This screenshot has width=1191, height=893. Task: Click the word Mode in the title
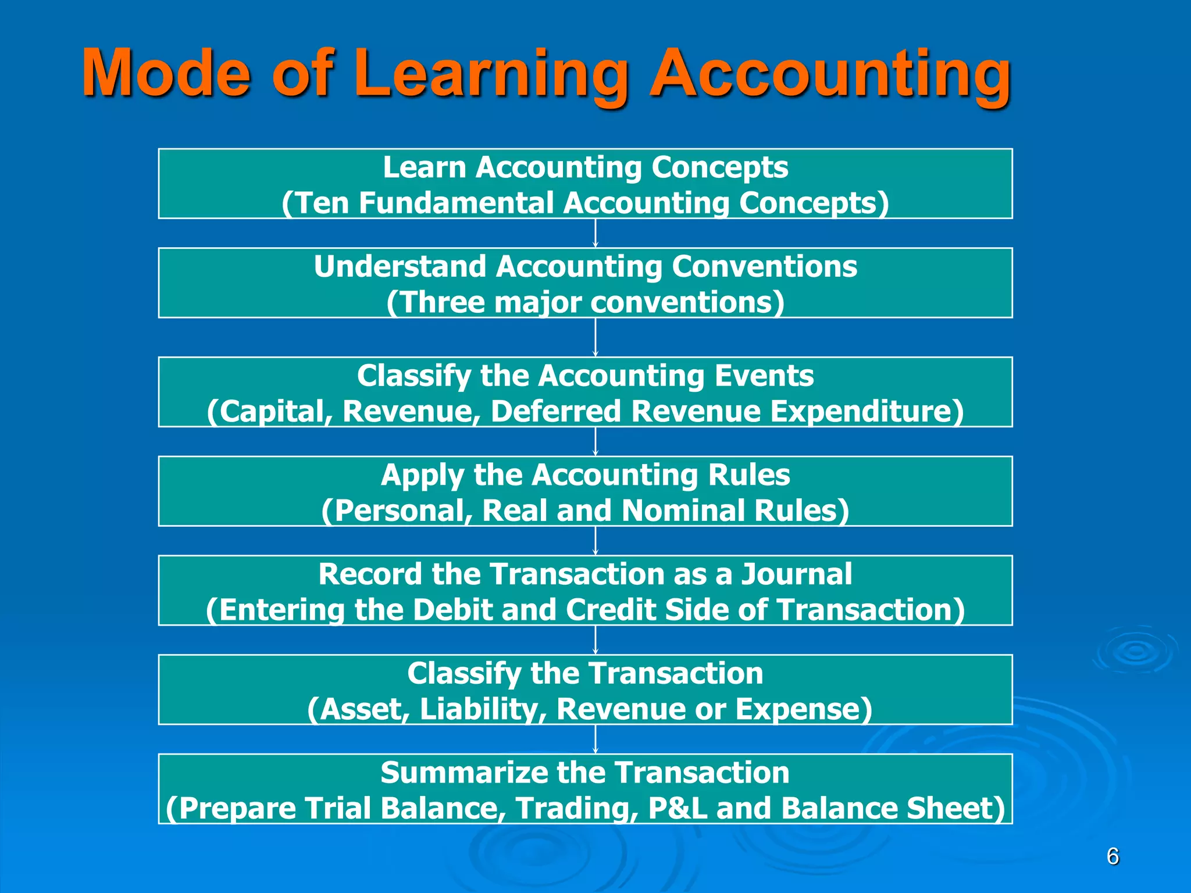[x=166, y=73]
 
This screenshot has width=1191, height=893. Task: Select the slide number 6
[x=1112, y=857]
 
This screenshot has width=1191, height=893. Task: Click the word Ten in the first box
[x=320, y=203]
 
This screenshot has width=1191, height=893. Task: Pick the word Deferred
[x=556, y=412]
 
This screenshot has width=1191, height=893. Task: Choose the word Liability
[x=483, y=709]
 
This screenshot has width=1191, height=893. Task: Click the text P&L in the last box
[x=677, y=809]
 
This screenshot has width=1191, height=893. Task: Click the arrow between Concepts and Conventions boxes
[x=595, y=233]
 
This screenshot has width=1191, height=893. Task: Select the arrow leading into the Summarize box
[x=595, y=739]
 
